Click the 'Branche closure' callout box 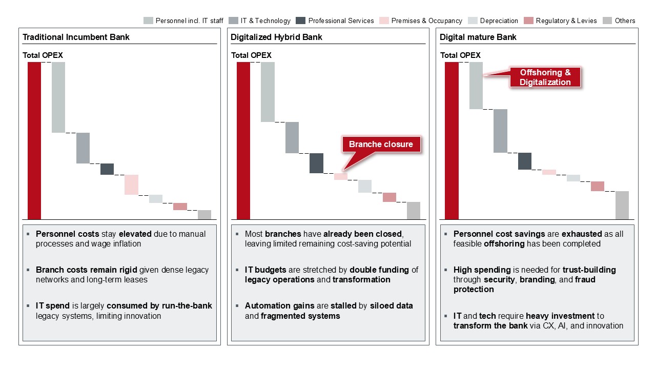(380, 145)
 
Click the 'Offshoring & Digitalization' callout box (545, 77)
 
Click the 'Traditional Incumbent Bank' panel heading (76, 37)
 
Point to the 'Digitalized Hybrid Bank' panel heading (276, 37)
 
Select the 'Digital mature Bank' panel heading (478, 37)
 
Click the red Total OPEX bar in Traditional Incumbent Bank (34, 140)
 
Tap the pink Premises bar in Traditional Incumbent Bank (131, 184)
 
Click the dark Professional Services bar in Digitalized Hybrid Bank (316, 163)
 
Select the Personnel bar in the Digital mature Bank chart (476, 85)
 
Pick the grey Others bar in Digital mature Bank (622, 205)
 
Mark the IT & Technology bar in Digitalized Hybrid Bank (292, 137)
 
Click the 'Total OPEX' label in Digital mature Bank (460, 55)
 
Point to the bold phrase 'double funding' (379, 270)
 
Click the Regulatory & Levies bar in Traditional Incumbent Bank (180, 207)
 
